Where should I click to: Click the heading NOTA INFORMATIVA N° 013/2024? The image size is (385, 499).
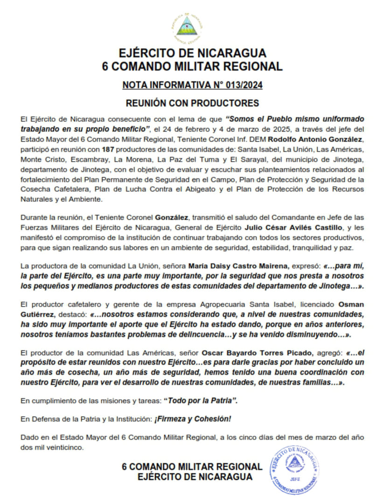pyautogui.click(x=192, y=85)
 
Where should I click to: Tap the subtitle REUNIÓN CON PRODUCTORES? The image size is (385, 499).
pyautogui.click(x=192, y=102)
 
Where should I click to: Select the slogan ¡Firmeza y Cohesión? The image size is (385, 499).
pyautogui.click(x=193, y=419)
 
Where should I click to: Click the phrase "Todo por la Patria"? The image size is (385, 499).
pyautogui.click(x=204, y=401)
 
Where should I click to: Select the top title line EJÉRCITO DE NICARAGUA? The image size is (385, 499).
pyautogui.click(x=192, y=52)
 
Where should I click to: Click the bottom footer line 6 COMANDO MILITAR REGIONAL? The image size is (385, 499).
pyautogui.click(x=192, y=467)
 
